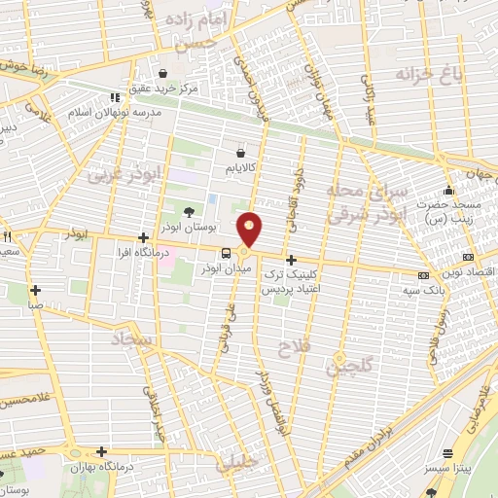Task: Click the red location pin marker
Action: click(x=252, y=230)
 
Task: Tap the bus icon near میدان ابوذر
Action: click(x=226, y=254)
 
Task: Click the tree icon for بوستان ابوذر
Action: click(x=187, y=211)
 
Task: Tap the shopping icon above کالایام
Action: click(x=241, y=152)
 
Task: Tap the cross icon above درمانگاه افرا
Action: click(x=143, y=237)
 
